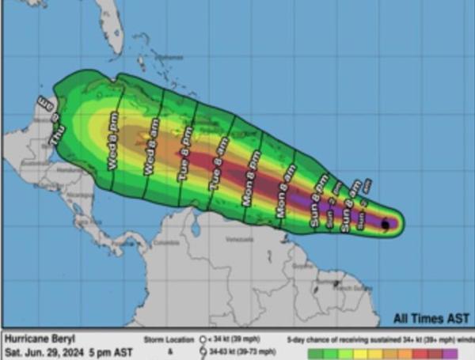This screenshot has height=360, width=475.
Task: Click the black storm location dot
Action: tap(386, 225)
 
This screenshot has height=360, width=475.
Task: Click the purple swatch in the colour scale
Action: tap(454, 353)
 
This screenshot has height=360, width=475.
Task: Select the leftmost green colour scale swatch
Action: tap(317, 353)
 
